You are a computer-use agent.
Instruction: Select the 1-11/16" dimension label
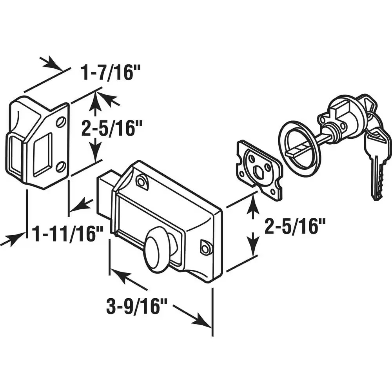pyautogui.click(x=67, y=234)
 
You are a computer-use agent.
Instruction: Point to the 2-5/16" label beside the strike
pyautogui.click(x=112, y=128)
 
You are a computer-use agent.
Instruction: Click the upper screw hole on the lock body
pyautogui.click(x=141, y=181)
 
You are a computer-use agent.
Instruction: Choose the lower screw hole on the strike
pyautogui.click(x=60, y=166)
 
